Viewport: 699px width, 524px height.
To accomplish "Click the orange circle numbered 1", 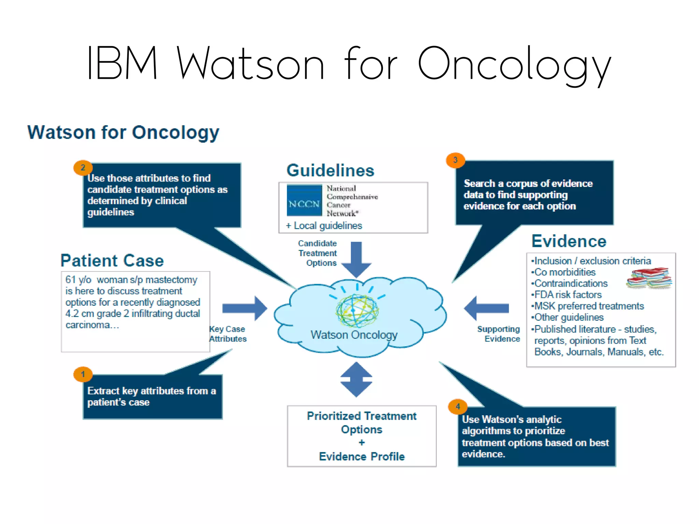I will pos(83,374).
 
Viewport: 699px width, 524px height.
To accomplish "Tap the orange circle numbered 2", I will pos(83,168).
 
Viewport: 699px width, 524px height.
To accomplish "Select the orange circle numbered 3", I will pos(455,160).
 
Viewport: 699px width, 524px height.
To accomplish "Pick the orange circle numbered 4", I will pos(458,406).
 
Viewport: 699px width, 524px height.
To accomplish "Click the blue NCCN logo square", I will pos(304,201).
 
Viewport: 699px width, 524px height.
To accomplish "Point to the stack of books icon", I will pos(649,278).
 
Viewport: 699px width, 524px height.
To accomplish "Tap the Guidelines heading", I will pos(330,170).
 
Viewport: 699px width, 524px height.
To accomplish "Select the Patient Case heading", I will pos(112,261).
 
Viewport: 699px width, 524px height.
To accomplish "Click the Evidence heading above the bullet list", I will pos(569,241).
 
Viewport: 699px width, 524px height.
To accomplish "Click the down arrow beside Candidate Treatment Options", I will pos(356,259).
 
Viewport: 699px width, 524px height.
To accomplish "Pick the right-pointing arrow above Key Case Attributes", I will pos(245,308).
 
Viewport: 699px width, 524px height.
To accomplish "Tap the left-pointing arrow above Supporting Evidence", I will pos(486,308).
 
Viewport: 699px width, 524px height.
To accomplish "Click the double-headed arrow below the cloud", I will pos(356,379).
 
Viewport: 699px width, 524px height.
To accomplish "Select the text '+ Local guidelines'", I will pos(324,225).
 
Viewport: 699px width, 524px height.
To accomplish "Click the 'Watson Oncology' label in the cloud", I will pos(354,335).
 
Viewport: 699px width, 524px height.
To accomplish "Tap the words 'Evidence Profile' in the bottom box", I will pos(362,456).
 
